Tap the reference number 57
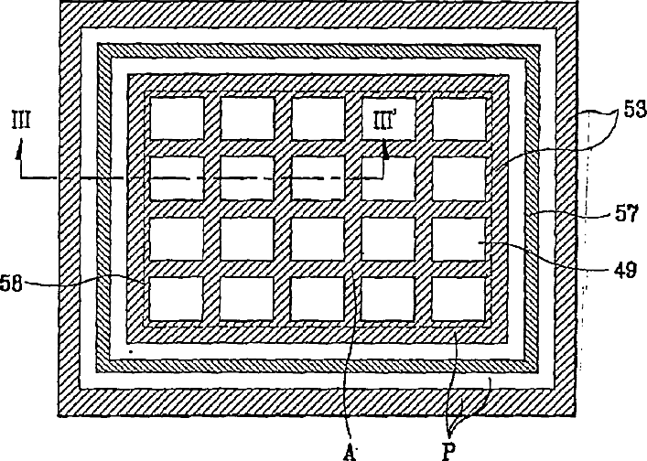point(627,216)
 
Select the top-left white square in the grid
point(176,118)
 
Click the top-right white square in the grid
point(458,118)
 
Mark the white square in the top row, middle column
point(318,118)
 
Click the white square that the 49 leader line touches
point(458,239)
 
